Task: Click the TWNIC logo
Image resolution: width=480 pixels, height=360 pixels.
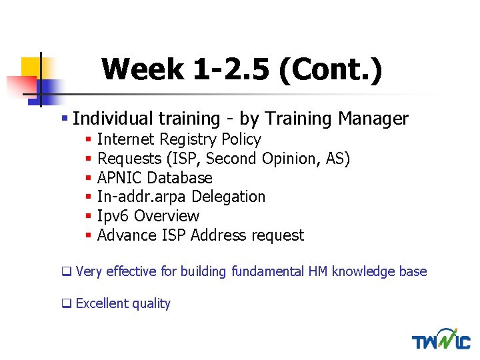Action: point(441,339)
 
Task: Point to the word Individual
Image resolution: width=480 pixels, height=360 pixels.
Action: point(113,119)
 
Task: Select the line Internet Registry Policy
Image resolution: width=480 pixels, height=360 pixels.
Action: point(179,139)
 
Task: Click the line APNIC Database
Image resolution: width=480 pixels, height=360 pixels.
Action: point(155,178)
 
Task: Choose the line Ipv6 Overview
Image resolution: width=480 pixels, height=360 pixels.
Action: point(148,216)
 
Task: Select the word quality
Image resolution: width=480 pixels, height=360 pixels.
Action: point(151,304)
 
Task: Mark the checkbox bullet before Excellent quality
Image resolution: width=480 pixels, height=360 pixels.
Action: point(66,304)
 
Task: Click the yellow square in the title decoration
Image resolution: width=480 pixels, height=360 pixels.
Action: point(31,67)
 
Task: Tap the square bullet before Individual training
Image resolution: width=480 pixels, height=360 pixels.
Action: point(65,119)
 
